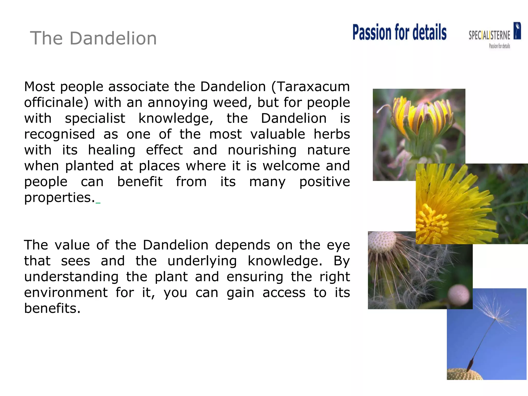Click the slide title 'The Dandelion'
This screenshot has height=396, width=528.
[93, 38]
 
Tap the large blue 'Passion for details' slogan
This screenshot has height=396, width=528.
[399, 32]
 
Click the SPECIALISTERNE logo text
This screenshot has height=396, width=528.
[489, 35]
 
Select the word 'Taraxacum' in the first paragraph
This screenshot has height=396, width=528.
[313, 87]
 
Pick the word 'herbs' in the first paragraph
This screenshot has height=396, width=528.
[332, 134]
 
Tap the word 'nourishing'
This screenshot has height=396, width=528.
[262, 150]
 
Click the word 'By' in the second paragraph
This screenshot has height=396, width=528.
[341, 261]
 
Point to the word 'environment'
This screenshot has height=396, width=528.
[66, 293]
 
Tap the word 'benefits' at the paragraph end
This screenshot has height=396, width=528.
[52, 309]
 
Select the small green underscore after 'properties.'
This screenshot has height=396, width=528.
[98, 203]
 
